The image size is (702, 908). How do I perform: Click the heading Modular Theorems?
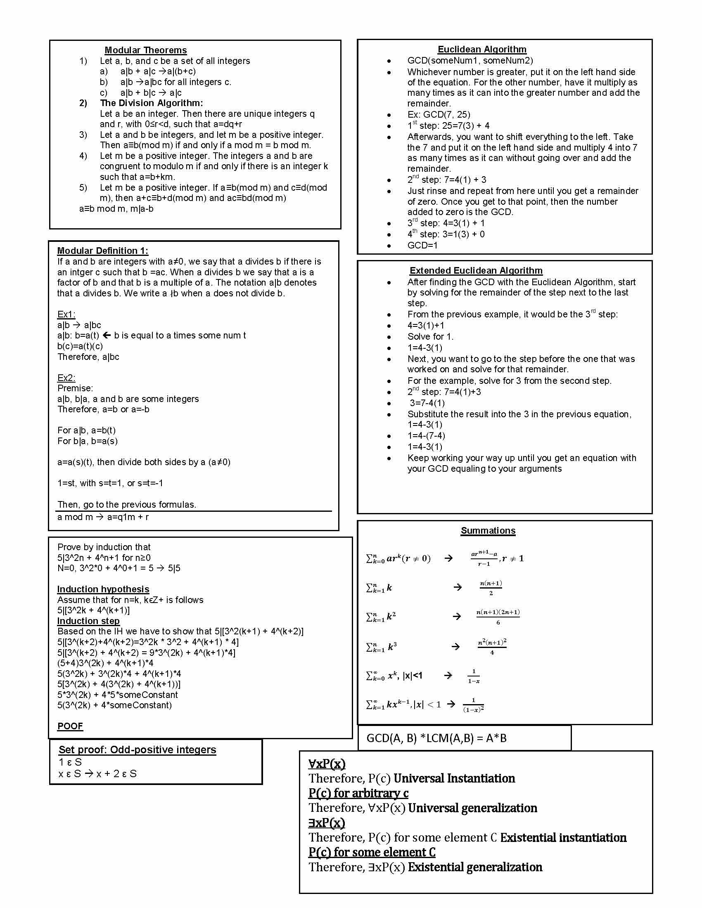(145, 50)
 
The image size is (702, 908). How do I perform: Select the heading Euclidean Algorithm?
(482, 50)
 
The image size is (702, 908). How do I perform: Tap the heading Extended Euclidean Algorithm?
(476, 271)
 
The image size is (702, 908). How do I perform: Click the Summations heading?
(488, 530)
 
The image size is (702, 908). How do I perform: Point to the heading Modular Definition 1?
(102, 251)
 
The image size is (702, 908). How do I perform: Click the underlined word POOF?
(70, 726)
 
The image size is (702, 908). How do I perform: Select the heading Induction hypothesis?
(103, 589)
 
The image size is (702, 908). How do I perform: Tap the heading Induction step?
(89, 621)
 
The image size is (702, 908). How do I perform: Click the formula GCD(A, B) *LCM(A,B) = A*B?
(436, 738)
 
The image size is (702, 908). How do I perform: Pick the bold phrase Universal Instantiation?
(454, 778)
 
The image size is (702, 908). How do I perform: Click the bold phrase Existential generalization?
(475, 867)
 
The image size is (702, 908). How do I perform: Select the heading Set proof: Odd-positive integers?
(137, 750)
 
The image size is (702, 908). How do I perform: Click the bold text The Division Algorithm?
(152, 103)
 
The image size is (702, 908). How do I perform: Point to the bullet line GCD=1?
(422, 245)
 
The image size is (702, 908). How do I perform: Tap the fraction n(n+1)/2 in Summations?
(491, 588)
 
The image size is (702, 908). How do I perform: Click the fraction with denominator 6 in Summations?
(498, 617)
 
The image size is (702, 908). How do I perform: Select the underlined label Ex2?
(66, 378)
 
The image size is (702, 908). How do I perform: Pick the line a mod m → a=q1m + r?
(103, 517)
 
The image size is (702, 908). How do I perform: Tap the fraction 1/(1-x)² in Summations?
(473, 705)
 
